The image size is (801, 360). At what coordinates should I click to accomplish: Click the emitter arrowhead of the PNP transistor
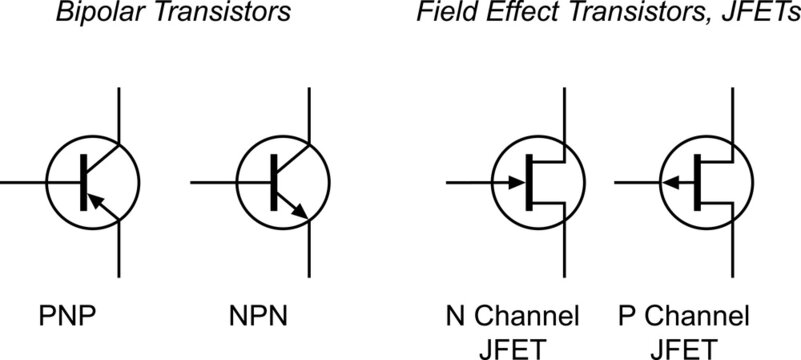(94, 203)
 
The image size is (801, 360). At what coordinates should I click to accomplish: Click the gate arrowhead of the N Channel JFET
(518, 183)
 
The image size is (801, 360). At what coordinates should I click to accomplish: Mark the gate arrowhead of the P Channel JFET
(667, 183)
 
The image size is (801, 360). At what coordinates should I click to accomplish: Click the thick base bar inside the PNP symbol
(82, 182)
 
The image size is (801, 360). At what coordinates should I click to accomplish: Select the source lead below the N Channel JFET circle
(566, 250)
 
